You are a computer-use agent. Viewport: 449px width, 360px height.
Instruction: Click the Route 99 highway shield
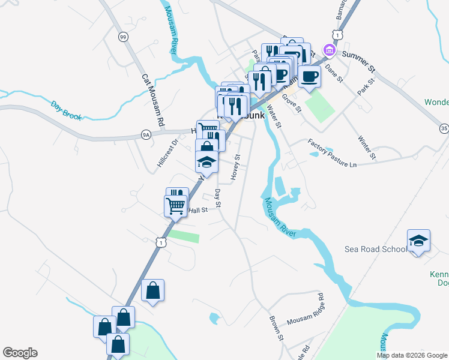coord(123,37)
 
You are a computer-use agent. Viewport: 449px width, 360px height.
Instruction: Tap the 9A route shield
coord(146,135)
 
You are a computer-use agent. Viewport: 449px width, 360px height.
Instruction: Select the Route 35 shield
coord(444,128)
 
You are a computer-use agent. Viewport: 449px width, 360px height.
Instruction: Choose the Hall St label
coord(197,210)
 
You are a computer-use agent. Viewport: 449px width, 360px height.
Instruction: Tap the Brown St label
coord(276,329)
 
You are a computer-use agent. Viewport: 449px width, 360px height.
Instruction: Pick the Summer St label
coord(358,55)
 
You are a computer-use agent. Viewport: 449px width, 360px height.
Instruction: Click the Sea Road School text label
coord(376,249)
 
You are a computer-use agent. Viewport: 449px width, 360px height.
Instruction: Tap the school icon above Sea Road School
coord(418,241)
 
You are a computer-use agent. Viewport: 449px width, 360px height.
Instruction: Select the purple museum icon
coord(328,50)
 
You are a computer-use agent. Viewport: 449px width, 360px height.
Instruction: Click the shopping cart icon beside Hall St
coord(176,205)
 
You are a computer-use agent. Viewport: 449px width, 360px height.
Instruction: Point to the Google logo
coord(20,353)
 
